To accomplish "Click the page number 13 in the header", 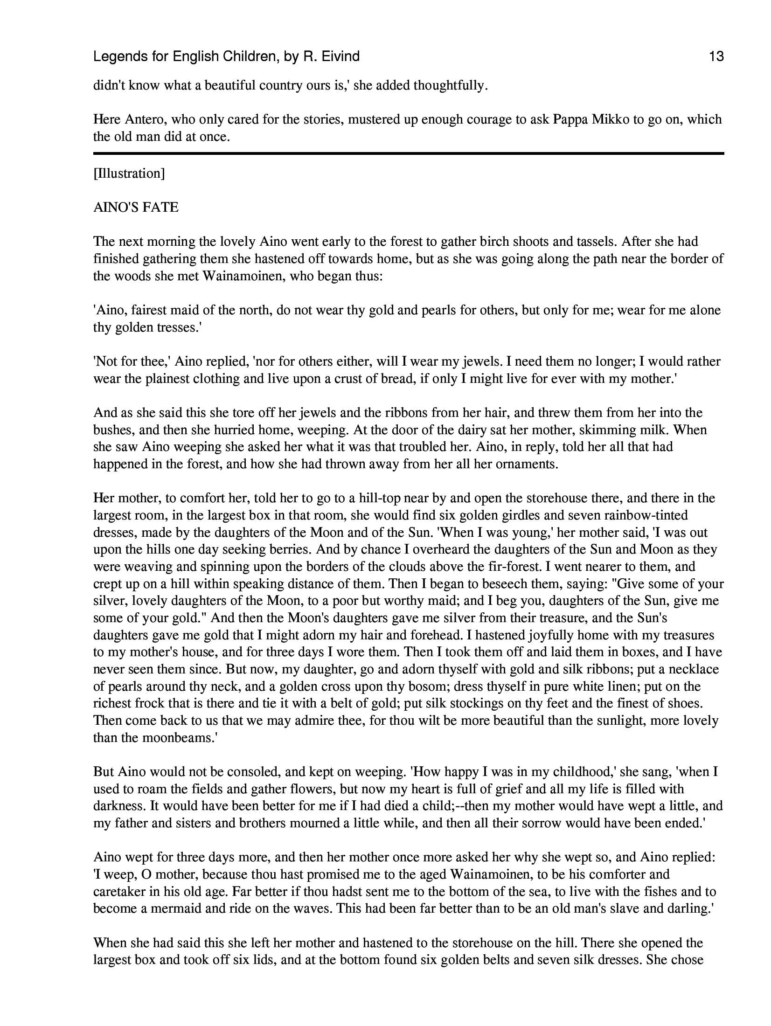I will coord(716,57).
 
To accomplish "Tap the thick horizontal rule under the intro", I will coord(408,153).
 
